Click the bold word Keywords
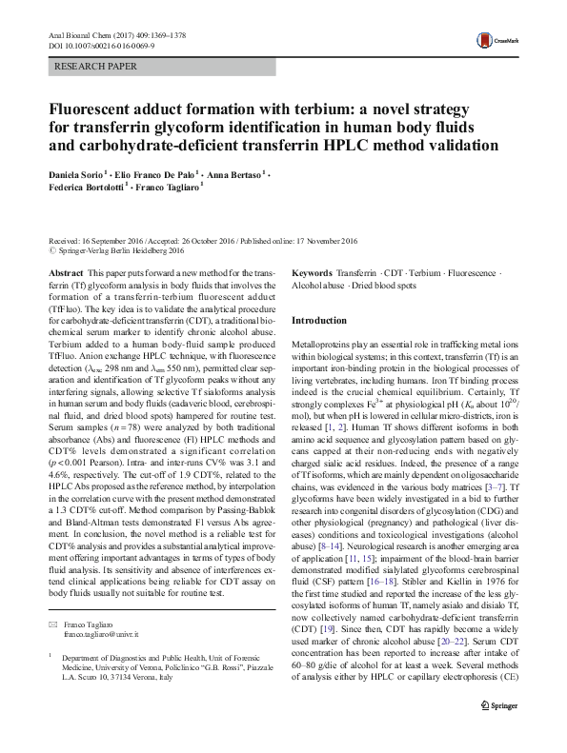(x=312, y=272)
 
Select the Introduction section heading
(x=323, y=321)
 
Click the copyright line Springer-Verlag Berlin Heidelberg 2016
(x=127, y=253)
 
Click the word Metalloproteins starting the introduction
(x=323, y=342)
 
